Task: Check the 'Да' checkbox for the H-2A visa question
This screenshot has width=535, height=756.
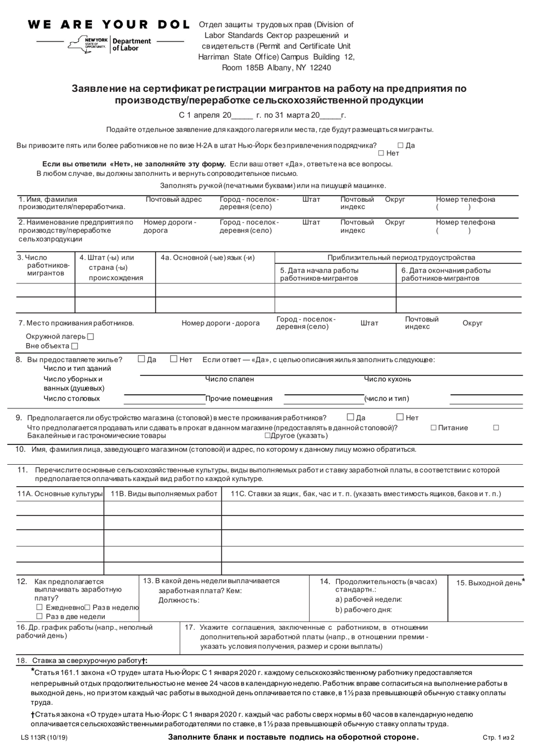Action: click(x=400, y=145)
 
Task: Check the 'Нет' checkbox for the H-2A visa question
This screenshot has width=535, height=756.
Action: click(x=381, y=153)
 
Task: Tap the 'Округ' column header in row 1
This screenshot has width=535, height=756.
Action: click(x=395, y=199)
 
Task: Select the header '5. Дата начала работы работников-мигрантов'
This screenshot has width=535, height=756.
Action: click(x=319, y=274)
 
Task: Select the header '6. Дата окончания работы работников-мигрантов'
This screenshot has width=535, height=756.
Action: click(x=445, y=274)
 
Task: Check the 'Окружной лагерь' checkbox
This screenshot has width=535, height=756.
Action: click(x=91, y=336)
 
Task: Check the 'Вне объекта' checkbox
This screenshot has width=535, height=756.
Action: click(x=75, y=346)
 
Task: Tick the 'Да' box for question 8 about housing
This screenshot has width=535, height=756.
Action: click(x=142, y=359)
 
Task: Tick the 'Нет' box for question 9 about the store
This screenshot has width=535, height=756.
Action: click(x=400, y=417)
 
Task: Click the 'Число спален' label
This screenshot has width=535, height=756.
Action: click(x=230, y=379)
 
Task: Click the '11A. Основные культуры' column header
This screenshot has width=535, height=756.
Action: click(x=60, y=494)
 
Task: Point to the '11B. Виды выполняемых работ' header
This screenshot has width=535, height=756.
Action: click(x=163, y=494)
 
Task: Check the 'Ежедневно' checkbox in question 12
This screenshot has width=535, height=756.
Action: click(x=39, y=607)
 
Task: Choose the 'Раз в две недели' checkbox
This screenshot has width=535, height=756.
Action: click(x=39, y=617)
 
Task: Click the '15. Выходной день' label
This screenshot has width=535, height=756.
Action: click(x=489, y=583)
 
